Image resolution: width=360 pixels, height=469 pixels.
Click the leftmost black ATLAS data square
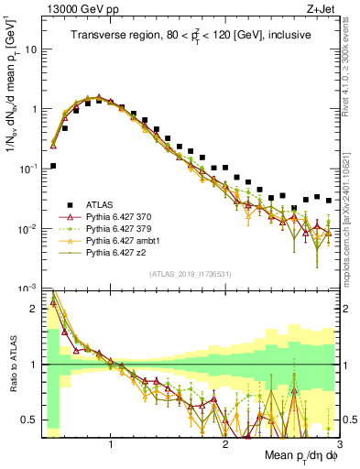[53, 166]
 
